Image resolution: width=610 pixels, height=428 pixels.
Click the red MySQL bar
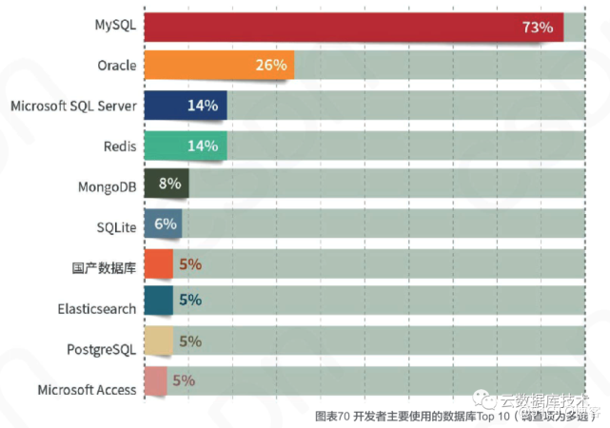352,27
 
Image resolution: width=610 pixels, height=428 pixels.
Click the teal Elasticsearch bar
158,301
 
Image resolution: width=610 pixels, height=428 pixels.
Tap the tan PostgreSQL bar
158,341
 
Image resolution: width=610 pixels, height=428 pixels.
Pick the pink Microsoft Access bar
155,380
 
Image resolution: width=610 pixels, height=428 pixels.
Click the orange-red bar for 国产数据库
158,263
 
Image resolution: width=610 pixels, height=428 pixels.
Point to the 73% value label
537,28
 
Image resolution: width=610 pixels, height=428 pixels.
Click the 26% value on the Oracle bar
270,65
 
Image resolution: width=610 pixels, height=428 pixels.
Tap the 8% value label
170,184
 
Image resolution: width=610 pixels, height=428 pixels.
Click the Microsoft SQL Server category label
73,106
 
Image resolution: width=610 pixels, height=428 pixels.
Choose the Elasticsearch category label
97,308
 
